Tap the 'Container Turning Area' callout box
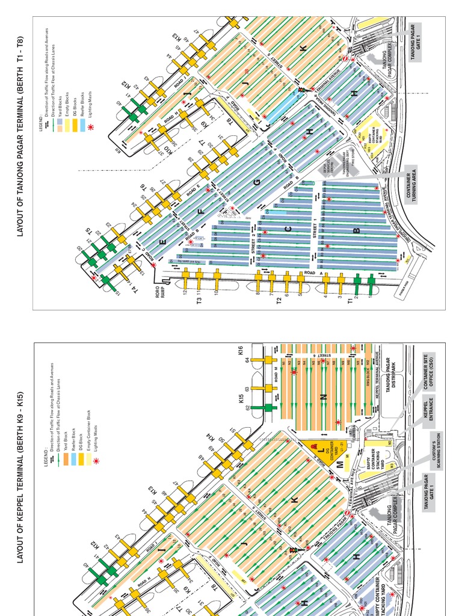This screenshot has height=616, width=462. [x=412, y=185]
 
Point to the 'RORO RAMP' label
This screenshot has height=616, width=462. [x=160, y=297]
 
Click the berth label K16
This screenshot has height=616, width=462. [x=241, y=350]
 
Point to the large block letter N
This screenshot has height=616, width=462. [x=323, y=396]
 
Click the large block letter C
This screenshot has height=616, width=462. [x=288, y=229]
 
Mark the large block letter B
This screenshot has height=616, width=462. [x=356, y=230]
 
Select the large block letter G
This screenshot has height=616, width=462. [x=257, y=182]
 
